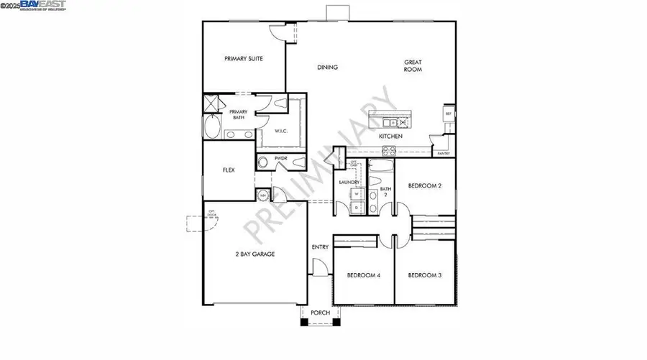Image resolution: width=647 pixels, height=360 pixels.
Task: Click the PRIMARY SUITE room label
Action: click(x=243, y=59)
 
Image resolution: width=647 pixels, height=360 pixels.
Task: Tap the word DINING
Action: click(x=328, y=68)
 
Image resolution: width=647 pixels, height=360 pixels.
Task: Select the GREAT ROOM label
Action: click(x=412, y=66)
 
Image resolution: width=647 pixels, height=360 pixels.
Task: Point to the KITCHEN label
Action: click(x=390, y=137)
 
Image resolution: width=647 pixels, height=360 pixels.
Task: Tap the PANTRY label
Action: click(x=444, y=154)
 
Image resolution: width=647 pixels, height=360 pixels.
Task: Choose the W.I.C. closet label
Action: click(x=281, y=131)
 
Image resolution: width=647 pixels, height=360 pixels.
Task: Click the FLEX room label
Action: click(x=229, y=171)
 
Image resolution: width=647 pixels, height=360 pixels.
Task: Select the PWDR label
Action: click(x=281, y=158)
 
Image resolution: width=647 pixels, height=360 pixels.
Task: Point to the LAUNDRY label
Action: click(x=349, y=183)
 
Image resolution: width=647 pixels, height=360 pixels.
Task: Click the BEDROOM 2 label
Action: click(x=424, y=185)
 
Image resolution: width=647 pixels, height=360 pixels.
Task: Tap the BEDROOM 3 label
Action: click(x=424, y=275)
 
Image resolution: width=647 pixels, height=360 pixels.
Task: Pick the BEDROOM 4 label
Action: click(x=363, y=275)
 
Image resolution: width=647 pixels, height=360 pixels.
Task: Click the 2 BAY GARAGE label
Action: click(x=255, y=254)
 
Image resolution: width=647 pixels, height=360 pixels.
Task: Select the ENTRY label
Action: click(x=320, y=247)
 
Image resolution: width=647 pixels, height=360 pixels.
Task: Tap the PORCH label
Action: click(x=320, y=313)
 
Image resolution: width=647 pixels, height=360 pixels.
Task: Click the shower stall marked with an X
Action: click(x=213, y=105)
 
